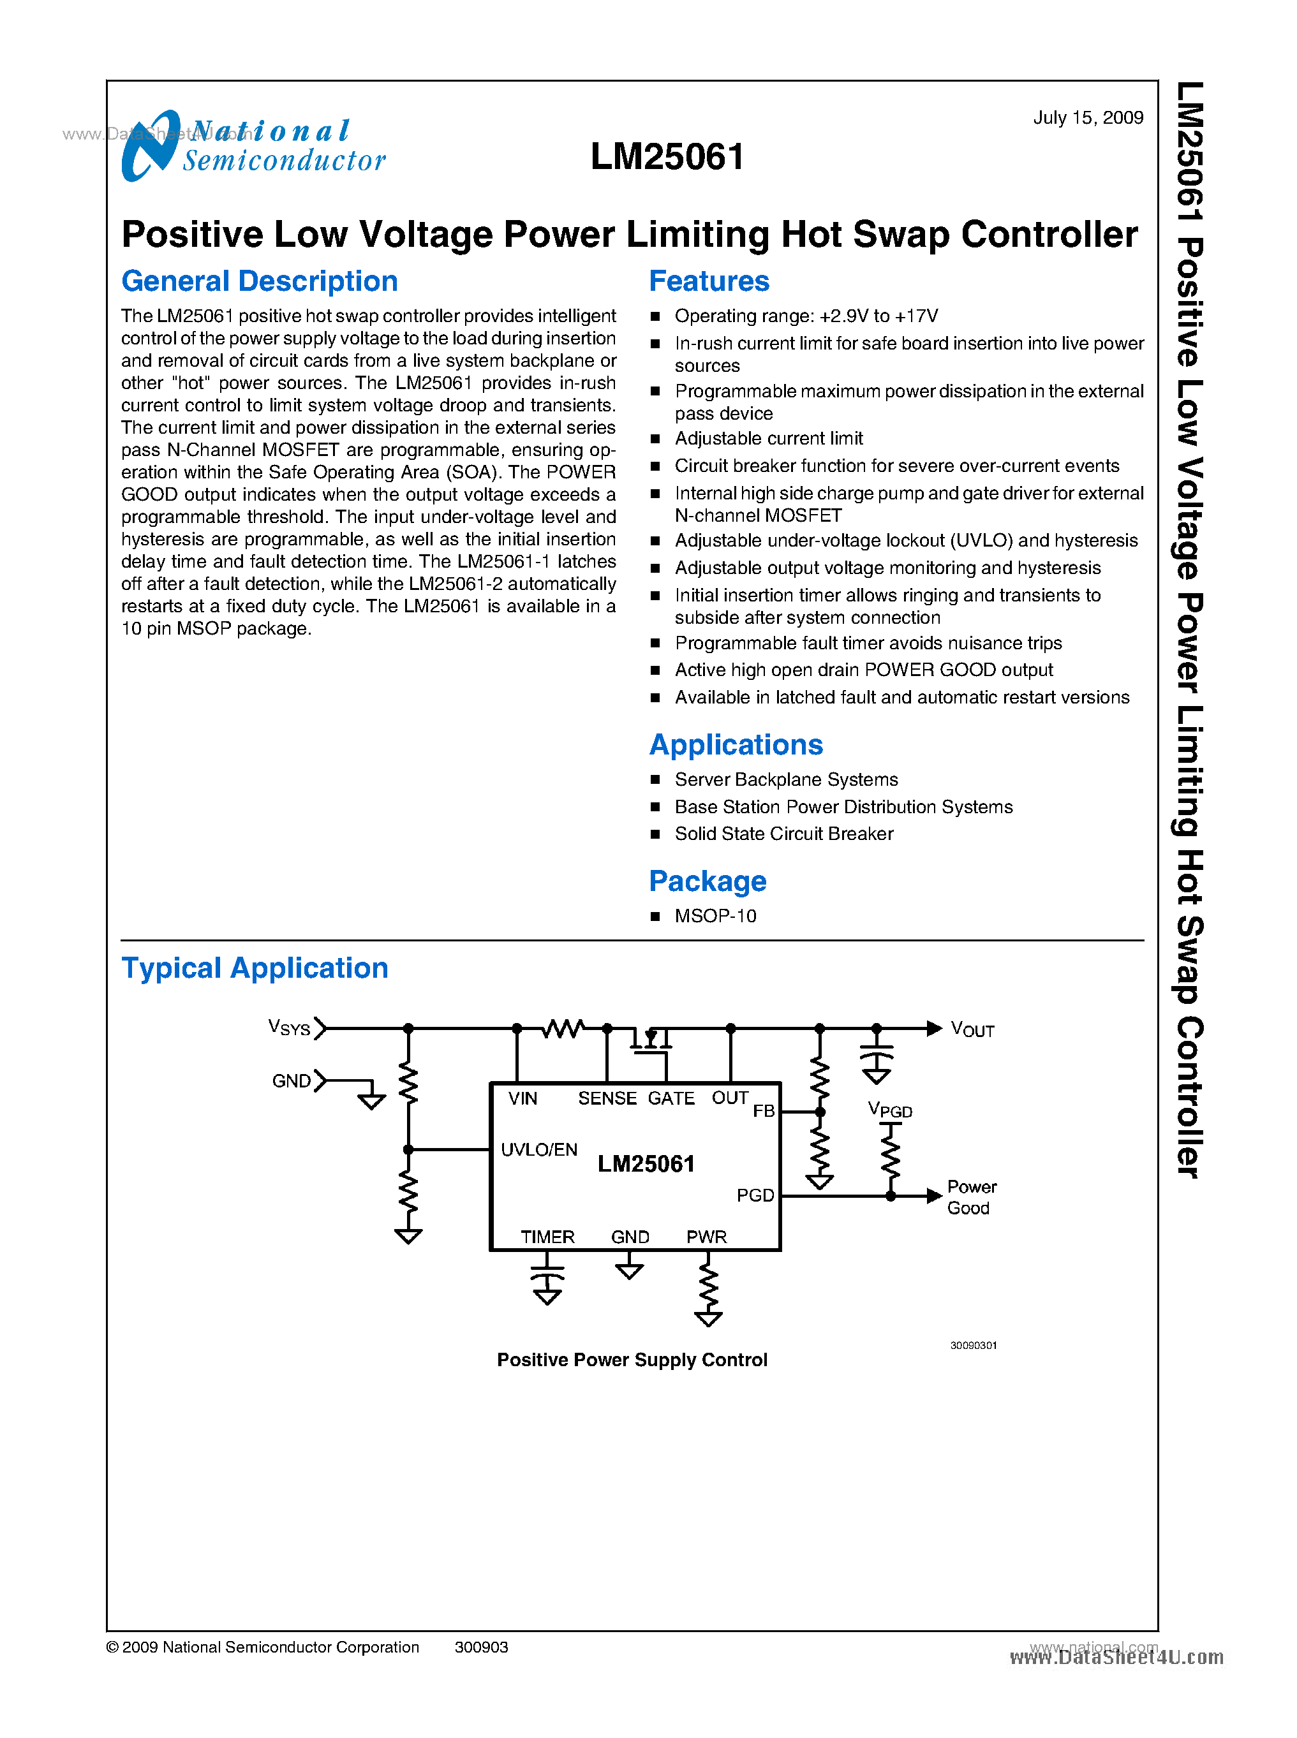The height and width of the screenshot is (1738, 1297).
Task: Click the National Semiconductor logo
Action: pos(253,146)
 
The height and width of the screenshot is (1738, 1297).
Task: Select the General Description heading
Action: pos(259,281)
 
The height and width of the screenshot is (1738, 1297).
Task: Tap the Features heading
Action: pos(709,281)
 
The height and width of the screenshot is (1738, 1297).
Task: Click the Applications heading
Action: pos(736,744)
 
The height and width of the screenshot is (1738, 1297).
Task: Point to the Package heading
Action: pos(708,881)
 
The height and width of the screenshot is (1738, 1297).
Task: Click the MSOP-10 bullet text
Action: pos(715,916)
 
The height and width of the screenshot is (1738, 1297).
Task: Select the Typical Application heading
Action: pos(255,968)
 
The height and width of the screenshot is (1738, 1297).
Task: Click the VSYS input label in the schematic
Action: pos(289,1027)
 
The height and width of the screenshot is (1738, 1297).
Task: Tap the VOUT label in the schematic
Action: pos(972,1029)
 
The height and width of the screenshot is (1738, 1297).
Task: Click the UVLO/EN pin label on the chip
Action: pos(538,1149)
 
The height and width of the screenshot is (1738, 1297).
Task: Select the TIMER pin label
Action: pos(547,1237)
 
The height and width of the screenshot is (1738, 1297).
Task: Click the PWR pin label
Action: pos(707,1237)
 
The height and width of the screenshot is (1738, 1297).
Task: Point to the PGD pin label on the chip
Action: pos(755,1195)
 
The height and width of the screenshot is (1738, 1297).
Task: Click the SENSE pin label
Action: pos(607,1098)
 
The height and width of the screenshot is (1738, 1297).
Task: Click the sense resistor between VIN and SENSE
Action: pos(563,1027)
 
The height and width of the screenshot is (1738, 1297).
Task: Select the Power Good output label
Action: pos(971,1197)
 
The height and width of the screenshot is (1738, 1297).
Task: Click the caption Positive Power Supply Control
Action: pos(632,1360)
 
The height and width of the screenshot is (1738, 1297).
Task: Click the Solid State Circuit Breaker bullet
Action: pos(783,834)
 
